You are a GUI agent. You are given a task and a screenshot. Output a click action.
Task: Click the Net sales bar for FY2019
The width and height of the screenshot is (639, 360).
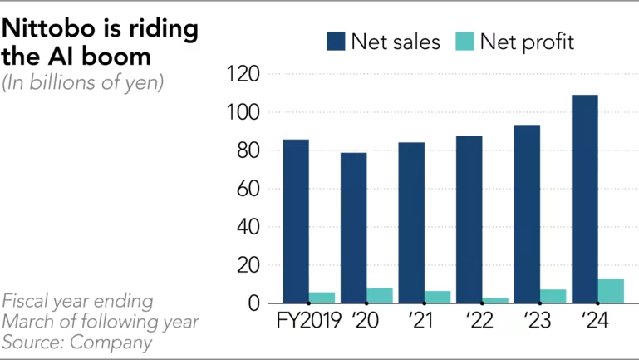click(x=296, y=221)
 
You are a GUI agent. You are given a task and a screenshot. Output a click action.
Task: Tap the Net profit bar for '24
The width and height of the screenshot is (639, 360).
click(x=611, y=291)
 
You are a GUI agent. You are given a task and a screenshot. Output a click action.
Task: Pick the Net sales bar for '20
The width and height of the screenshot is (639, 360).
click(x=353, y=228)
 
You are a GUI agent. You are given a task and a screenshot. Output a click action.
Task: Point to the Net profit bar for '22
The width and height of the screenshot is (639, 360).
click(x=495, y=300)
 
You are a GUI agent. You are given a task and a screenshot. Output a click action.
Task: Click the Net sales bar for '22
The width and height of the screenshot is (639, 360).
click(x=469, y=219)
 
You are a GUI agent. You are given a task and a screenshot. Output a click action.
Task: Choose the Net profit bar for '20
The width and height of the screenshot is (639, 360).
click(x=380, y=295)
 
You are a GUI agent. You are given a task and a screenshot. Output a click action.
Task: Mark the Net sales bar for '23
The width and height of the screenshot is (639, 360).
click(x=527, y=214)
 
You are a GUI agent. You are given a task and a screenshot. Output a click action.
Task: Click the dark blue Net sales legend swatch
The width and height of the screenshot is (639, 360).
click(x=337, y=42)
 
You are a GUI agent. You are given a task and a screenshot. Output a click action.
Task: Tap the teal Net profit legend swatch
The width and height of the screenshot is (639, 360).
click(x=464, y=42)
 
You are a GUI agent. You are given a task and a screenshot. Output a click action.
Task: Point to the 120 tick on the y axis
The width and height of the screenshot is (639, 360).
click(x=243, y=75)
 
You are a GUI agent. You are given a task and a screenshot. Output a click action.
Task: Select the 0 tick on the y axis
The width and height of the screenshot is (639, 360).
click(x=253, y=304)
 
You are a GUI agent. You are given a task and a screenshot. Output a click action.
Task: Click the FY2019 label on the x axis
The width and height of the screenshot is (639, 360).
click(x=308, y=321)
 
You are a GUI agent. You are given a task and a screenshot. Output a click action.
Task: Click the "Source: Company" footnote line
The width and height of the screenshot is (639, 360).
click(x=77, y=341)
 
